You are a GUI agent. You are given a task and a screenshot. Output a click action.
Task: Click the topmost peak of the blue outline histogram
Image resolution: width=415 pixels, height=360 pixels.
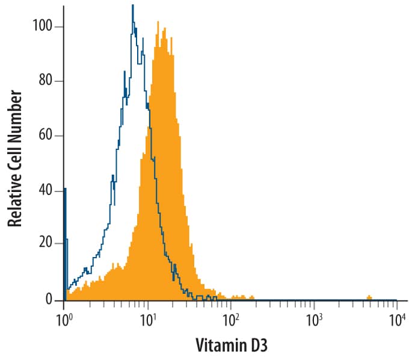[x=132, y=6]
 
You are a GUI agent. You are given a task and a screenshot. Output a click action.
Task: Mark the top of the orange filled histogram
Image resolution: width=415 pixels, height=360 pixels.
[x=158, y=24]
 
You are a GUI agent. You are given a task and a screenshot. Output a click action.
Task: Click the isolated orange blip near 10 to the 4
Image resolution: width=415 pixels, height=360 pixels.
[x=369, y=297]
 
